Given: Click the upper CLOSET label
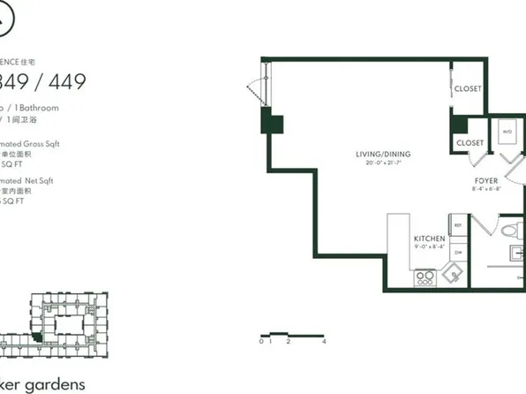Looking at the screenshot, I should click(468, 89).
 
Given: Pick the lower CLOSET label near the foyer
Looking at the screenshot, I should click(470, 143).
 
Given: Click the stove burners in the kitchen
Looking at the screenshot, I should click(424, 277).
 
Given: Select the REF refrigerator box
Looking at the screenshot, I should click(458, 226).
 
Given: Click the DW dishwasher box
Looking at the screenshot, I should click(458, 253).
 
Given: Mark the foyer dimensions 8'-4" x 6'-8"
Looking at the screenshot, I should click(487, 188).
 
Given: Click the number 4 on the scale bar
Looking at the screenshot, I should click(325, 340).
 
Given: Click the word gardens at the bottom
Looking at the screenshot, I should click(52, 384).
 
